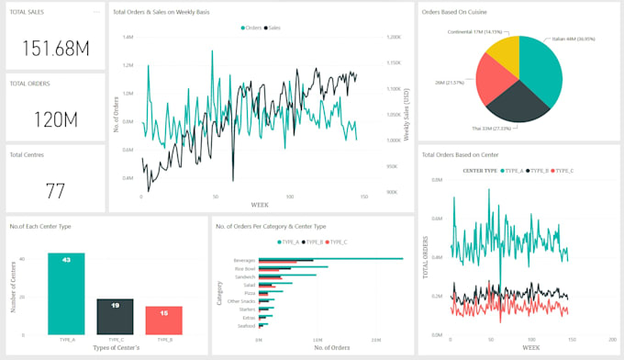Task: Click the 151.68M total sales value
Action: point(55,49)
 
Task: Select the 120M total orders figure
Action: point(55,119)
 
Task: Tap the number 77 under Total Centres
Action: point(55,191)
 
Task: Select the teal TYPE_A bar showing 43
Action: point(66,294)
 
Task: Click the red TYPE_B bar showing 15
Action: point(163,321)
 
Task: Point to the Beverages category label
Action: point(244,260)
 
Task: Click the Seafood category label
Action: point(246,325)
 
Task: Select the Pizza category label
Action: point(249,293)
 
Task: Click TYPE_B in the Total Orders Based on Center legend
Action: point(538,171)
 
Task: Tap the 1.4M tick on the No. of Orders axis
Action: point(128,38)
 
